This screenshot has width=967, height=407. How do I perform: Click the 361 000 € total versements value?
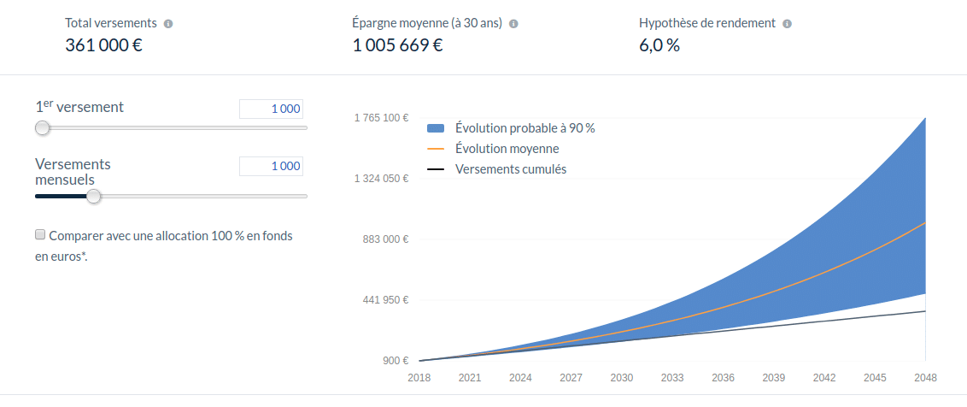[x=103, y=45]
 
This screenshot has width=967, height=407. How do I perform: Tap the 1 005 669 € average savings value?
[x=398, y=45]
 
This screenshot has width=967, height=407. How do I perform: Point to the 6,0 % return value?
[x=659, y=45]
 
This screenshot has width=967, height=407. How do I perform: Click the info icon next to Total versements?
[x=168, y=24]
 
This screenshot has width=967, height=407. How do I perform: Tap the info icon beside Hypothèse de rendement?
[x=787, y=24]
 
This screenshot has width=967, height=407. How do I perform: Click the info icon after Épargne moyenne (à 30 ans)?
[x=513, y=24]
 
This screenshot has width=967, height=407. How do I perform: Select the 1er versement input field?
[x=272, y=109]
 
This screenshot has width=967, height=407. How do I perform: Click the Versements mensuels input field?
[x=272, y=166]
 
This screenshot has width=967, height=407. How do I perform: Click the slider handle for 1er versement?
[x=42, y=128]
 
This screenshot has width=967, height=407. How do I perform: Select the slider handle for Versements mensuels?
[x=93, y=197]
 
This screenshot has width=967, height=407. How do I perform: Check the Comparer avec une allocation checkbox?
[x=40, y=234]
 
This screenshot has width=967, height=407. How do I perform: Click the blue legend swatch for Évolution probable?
[x=436, y=128]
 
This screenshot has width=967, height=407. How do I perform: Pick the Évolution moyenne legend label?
[x=507, y=149]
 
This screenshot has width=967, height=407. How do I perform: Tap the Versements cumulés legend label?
[x=511, y=169]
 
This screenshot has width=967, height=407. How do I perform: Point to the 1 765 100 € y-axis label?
[x=382, y=118]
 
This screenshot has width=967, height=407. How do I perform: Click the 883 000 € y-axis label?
[x=386, y=239]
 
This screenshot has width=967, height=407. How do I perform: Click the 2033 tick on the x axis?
[x=672, y=378]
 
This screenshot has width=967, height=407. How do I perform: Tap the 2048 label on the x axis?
[x=926, y=378]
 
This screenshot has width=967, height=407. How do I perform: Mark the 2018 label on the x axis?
[x=419, y=378]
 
